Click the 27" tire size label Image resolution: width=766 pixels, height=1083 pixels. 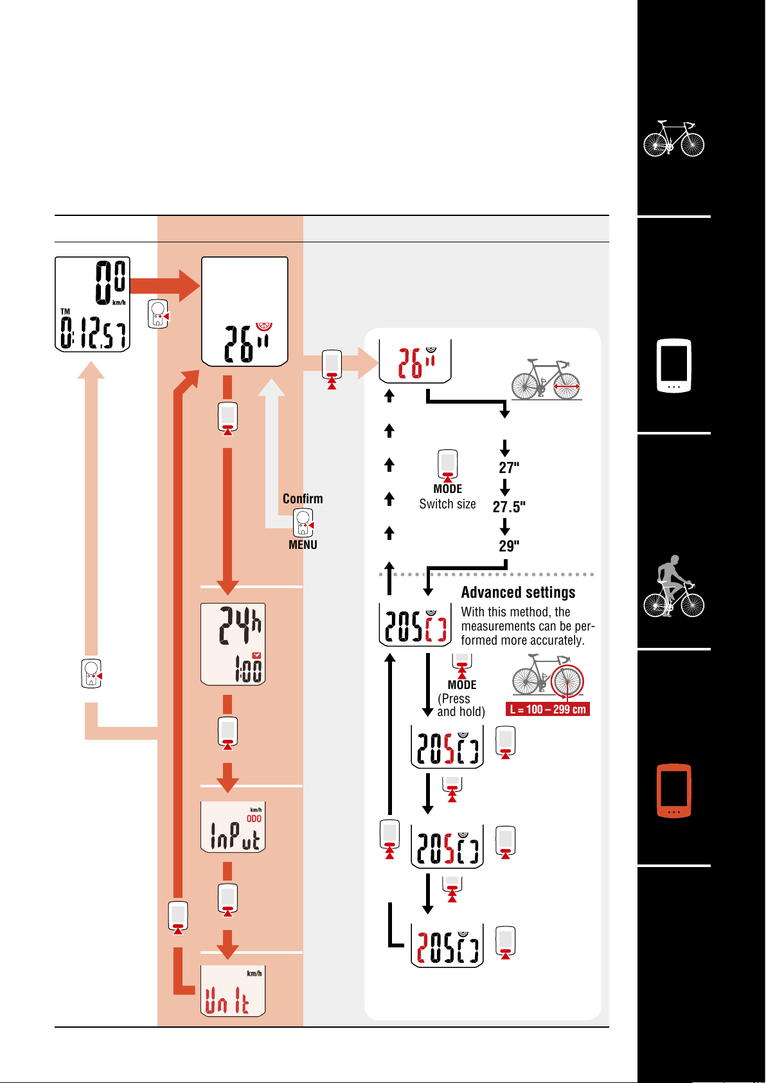pos(509,467)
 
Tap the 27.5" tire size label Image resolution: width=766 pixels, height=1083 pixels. pos(509,507)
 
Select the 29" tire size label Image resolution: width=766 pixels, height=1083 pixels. pos(509,546)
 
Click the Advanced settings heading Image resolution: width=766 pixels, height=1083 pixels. pos(518,593)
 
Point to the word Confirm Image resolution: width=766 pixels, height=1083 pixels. pos(303,499)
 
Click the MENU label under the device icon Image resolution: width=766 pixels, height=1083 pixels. pos(303,545)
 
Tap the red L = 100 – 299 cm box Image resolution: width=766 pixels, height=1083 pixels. pos(548,710)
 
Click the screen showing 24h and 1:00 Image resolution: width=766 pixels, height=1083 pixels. pos(233,644)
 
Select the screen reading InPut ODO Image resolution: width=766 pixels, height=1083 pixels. pos(233,827)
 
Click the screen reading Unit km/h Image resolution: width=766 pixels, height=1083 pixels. pos(233,990)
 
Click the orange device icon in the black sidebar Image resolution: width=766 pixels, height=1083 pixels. pos(673,791)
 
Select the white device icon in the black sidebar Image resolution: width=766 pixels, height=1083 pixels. pos(673,366)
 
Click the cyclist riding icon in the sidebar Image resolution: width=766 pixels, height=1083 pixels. pos(673,586)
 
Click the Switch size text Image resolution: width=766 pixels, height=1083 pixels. pos(447,505)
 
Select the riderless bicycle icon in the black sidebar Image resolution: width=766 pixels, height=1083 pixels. pos(673,139)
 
